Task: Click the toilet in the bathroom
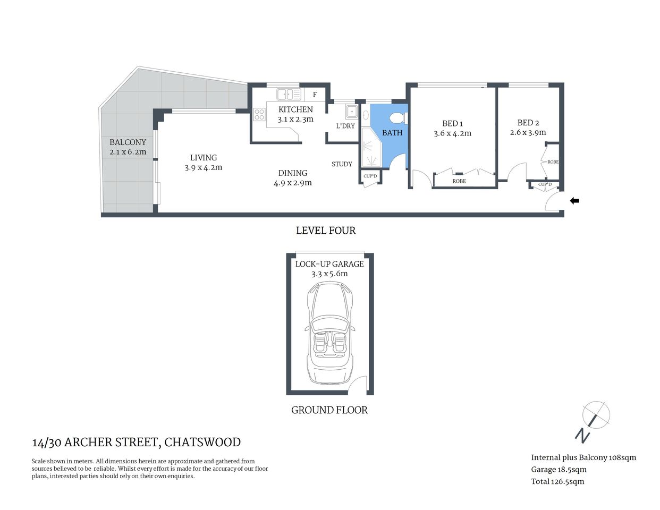pos(396,117)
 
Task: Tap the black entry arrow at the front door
pos(574,201)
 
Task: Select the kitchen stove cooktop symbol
pos(259,114)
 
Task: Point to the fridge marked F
pos(315,95)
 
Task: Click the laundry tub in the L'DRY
pos(351,112)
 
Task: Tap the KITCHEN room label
pos(295,109)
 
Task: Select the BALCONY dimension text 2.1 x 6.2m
pos(128,152)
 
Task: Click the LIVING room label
pos(204,157)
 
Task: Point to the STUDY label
pos(342,164)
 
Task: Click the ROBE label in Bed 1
pos(459,181)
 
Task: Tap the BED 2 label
pos(528,123)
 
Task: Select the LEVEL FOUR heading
pos(326,231)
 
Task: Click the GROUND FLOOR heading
pos(329,410)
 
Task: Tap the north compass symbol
pos(595,415)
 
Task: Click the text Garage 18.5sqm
pos(559,470)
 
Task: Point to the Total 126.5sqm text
pos(557,482)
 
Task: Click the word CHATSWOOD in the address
pos(202,442)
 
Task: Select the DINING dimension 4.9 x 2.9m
pos(293,183)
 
